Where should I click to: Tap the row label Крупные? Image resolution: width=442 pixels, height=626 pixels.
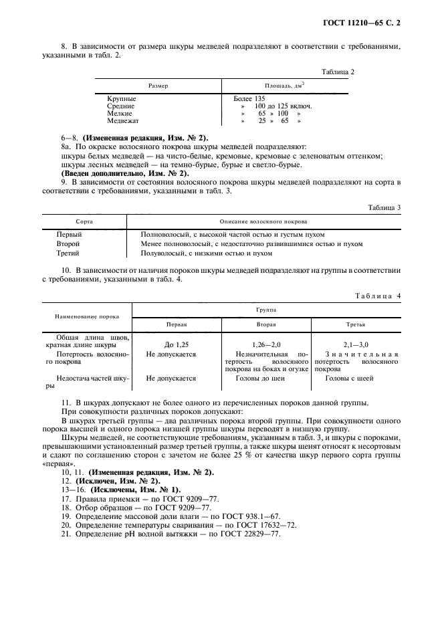tap(121, 98)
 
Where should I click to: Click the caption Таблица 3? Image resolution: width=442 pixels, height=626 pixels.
tap(384, 207)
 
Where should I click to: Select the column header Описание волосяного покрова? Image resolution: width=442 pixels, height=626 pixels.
tap(263, 221)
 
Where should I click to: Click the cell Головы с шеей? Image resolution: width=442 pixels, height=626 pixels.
tap(349, 378)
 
